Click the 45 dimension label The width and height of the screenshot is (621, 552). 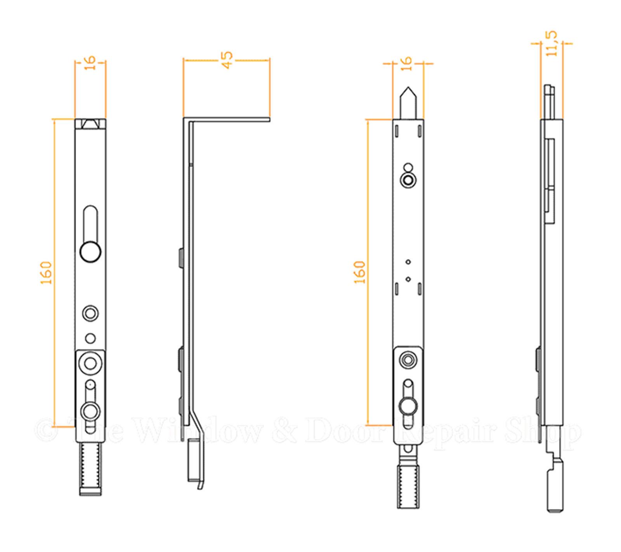click(x=227, y=60)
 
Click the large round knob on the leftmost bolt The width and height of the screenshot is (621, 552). click(x=90, y=252)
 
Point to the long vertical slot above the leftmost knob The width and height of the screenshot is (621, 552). click(x=90, y=224)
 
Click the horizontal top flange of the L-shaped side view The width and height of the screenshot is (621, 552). click(x=229, y=119)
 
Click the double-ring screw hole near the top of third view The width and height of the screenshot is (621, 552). click(x=408, y=180)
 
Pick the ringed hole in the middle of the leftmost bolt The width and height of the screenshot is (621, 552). click(x=90, y=313)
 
